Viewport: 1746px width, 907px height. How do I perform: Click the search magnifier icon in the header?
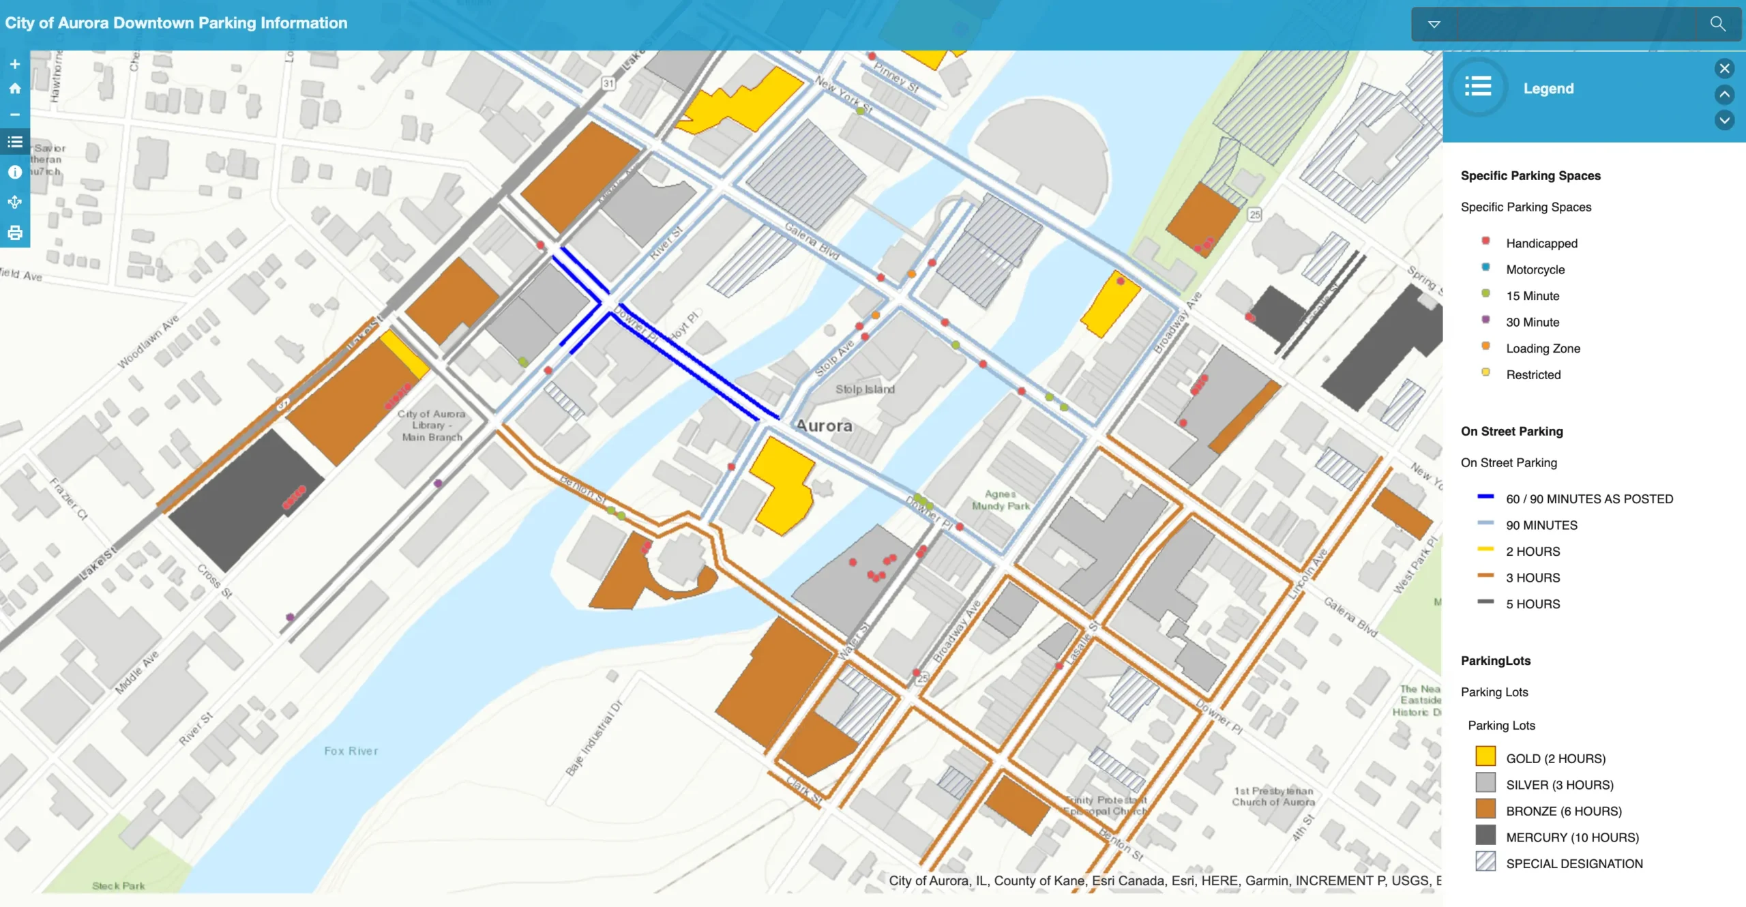pos(1717,24)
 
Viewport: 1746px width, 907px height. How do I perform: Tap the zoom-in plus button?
pos(15,64)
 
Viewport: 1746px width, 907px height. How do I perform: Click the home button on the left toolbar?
pos(15,89)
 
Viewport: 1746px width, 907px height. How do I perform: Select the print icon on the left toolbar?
pos(15,233)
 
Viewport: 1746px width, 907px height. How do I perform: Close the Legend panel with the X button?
pos(1724,68)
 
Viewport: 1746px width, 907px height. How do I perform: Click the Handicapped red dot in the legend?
pos(1485,241)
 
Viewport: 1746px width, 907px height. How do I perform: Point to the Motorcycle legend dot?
pos(1485,267)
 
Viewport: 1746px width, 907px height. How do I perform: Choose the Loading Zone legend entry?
pos(1543,348)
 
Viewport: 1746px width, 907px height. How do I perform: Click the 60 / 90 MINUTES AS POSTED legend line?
pos(1485,497)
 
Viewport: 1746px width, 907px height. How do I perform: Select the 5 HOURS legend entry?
pos(1533,604)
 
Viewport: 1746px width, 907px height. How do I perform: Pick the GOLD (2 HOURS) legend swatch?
pos(1485,757)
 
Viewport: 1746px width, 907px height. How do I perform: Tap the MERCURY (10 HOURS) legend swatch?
pos(1485,835)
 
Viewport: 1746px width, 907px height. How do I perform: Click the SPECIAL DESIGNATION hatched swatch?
pos(1485,862)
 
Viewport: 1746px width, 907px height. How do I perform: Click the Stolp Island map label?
pos(865,389)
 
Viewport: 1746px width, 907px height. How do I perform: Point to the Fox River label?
pos(351,751)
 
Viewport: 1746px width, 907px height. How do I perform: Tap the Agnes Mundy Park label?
pos(1001,500)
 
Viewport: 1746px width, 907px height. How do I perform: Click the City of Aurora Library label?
pos(431,426)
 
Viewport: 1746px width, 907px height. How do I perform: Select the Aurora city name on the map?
pos(824,426)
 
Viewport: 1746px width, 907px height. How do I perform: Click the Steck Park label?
pos(119,886)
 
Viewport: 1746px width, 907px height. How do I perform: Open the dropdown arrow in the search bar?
pos(1434,25)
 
